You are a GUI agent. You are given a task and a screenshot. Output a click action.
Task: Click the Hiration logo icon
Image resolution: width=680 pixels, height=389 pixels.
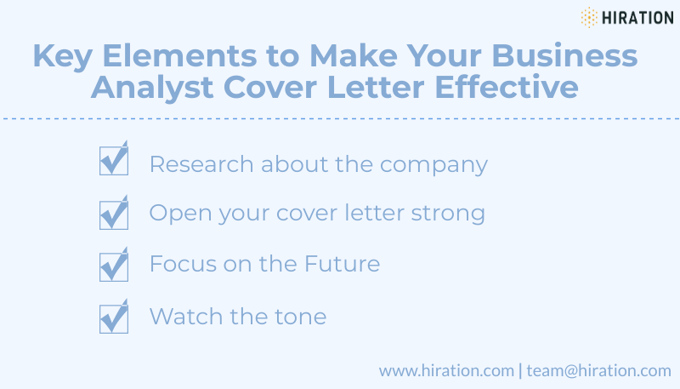tap(589, 17)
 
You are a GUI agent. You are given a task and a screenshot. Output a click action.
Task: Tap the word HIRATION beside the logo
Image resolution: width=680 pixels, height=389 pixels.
tap(638, 17)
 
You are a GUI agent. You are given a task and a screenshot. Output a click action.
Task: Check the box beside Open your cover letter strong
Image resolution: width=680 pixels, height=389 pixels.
tap(113, 214)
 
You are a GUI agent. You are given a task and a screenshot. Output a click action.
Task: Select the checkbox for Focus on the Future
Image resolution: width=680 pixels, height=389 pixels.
tap(113, 266)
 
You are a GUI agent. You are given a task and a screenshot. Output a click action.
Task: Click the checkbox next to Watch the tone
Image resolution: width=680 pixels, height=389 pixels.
tap(113, 318)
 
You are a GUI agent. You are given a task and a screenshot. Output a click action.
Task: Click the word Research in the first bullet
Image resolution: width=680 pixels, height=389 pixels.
tap(201, 164)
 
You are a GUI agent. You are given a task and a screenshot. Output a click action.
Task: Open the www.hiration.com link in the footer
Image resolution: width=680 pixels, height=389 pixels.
tap(446, 370)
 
